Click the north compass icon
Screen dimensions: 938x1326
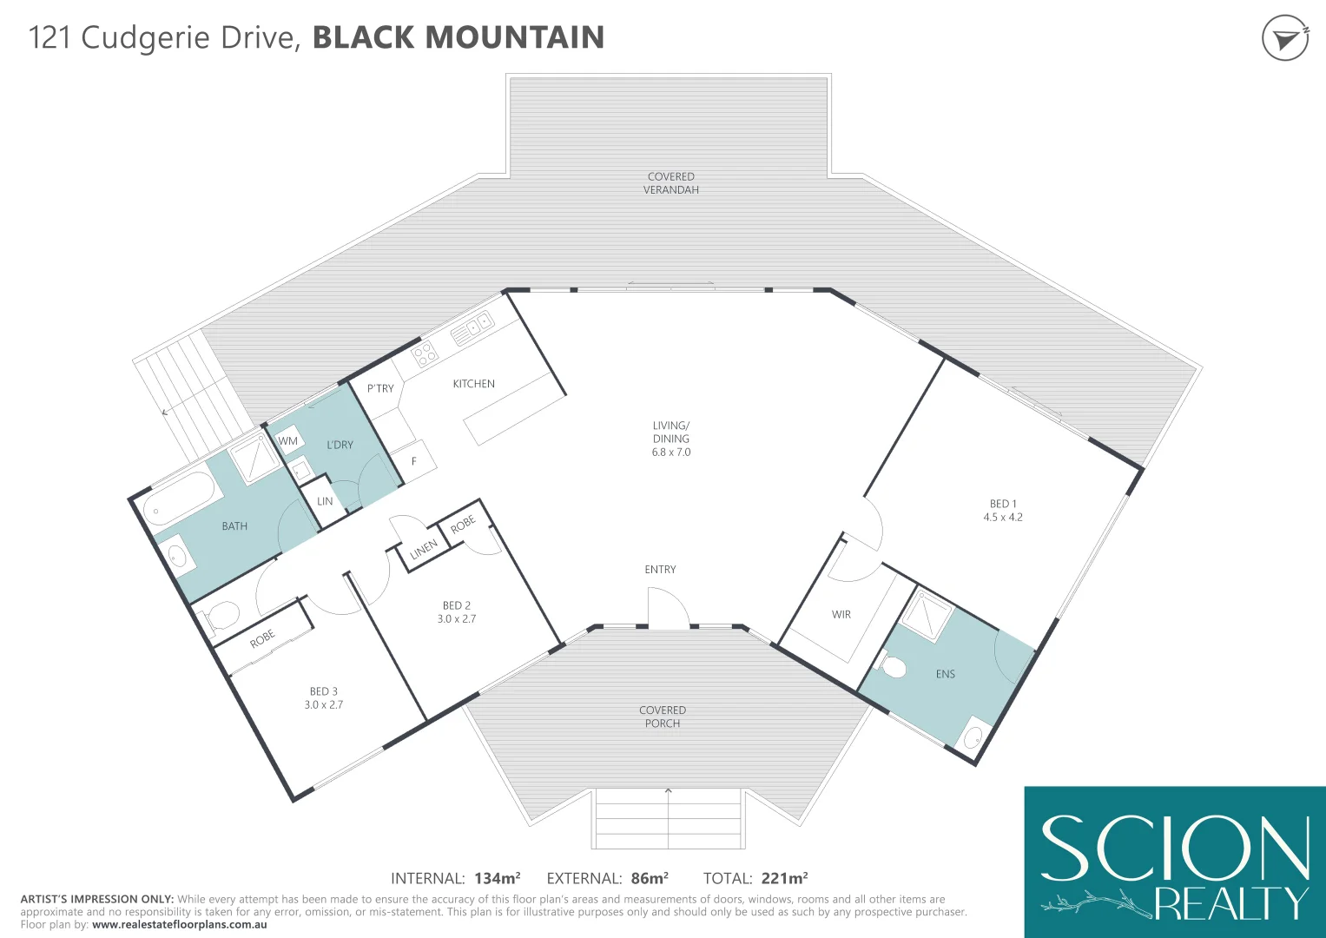tap(1284, 38)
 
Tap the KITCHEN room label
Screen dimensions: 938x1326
tap(473, 384)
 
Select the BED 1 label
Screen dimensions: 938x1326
tap(1003, 504)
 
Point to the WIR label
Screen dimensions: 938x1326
tap(841, 615)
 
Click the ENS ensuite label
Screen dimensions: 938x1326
tap(946, 674)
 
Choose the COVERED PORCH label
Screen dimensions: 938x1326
tap(663, 717)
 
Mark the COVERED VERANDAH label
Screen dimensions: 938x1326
tap(671, 183)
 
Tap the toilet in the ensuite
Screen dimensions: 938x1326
tap(893, 667)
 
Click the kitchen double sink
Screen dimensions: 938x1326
tap(472, 328)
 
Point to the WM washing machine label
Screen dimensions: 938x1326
tap(288, 441)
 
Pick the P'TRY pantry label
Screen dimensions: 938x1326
tap(380, 388)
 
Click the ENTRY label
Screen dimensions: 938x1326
tap(660, 570)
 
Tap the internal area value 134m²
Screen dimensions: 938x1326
tap(497, 878)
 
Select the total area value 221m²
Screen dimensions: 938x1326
tap(784, 878)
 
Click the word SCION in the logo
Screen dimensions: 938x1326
tap(1174, 849)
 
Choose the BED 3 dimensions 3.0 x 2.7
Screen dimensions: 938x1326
tap(323, 705)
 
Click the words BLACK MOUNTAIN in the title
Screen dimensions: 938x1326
tap(458, 37)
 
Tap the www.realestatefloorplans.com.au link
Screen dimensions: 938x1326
tap(179, 925)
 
